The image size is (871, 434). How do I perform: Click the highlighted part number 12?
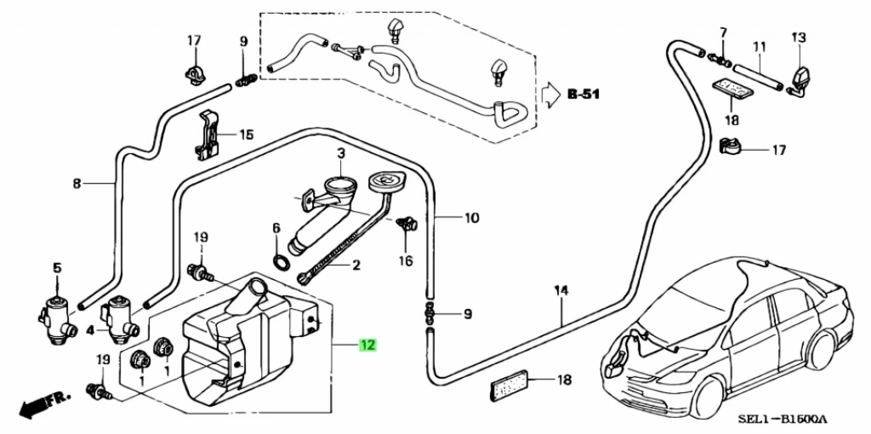click(367, 345)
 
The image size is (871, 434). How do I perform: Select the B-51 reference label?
click(584, 94)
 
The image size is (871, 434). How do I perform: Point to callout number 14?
click(561, 291)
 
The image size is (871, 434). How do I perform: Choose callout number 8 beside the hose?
click(77, 182)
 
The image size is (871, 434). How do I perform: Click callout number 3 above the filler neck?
click(340, 154)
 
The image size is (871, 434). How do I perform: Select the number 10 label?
click(471, 218)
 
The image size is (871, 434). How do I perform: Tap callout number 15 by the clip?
click(246, 134)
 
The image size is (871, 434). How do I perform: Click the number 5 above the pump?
click(58, 268)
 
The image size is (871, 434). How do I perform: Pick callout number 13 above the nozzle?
click(798, 37)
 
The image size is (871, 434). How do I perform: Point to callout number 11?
click(759, 45)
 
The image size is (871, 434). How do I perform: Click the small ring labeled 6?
click(278, 259)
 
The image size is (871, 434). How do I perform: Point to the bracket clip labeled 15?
click(208, 134)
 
